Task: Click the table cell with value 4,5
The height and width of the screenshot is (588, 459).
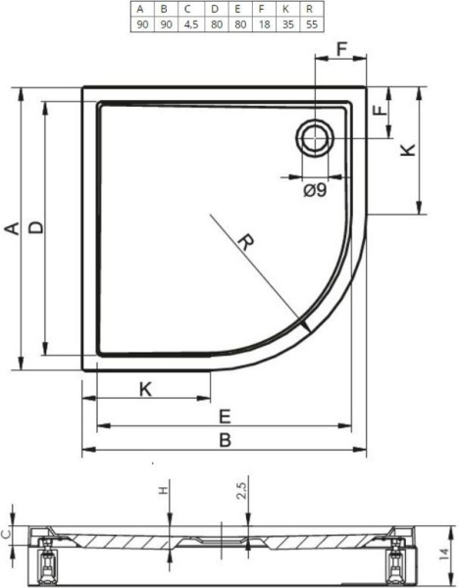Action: tap(191, 24)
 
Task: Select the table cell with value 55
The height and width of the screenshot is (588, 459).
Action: tap(312, 24)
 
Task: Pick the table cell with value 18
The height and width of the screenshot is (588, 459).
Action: tap(264, 24)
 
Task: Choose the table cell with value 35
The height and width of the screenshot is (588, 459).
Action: tap(288, 24)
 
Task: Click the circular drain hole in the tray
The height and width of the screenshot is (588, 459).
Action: tap(315, 137)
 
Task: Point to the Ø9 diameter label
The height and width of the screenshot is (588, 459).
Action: tap(315, 191)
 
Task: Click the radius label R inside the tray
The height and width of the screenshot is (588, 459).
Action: tap(246, 242)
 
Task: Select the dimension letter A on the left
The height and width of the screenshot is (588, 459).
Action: tap(13, 228)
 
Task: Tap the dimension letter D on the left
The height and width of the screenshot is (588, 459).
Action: tap(36, 227)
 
